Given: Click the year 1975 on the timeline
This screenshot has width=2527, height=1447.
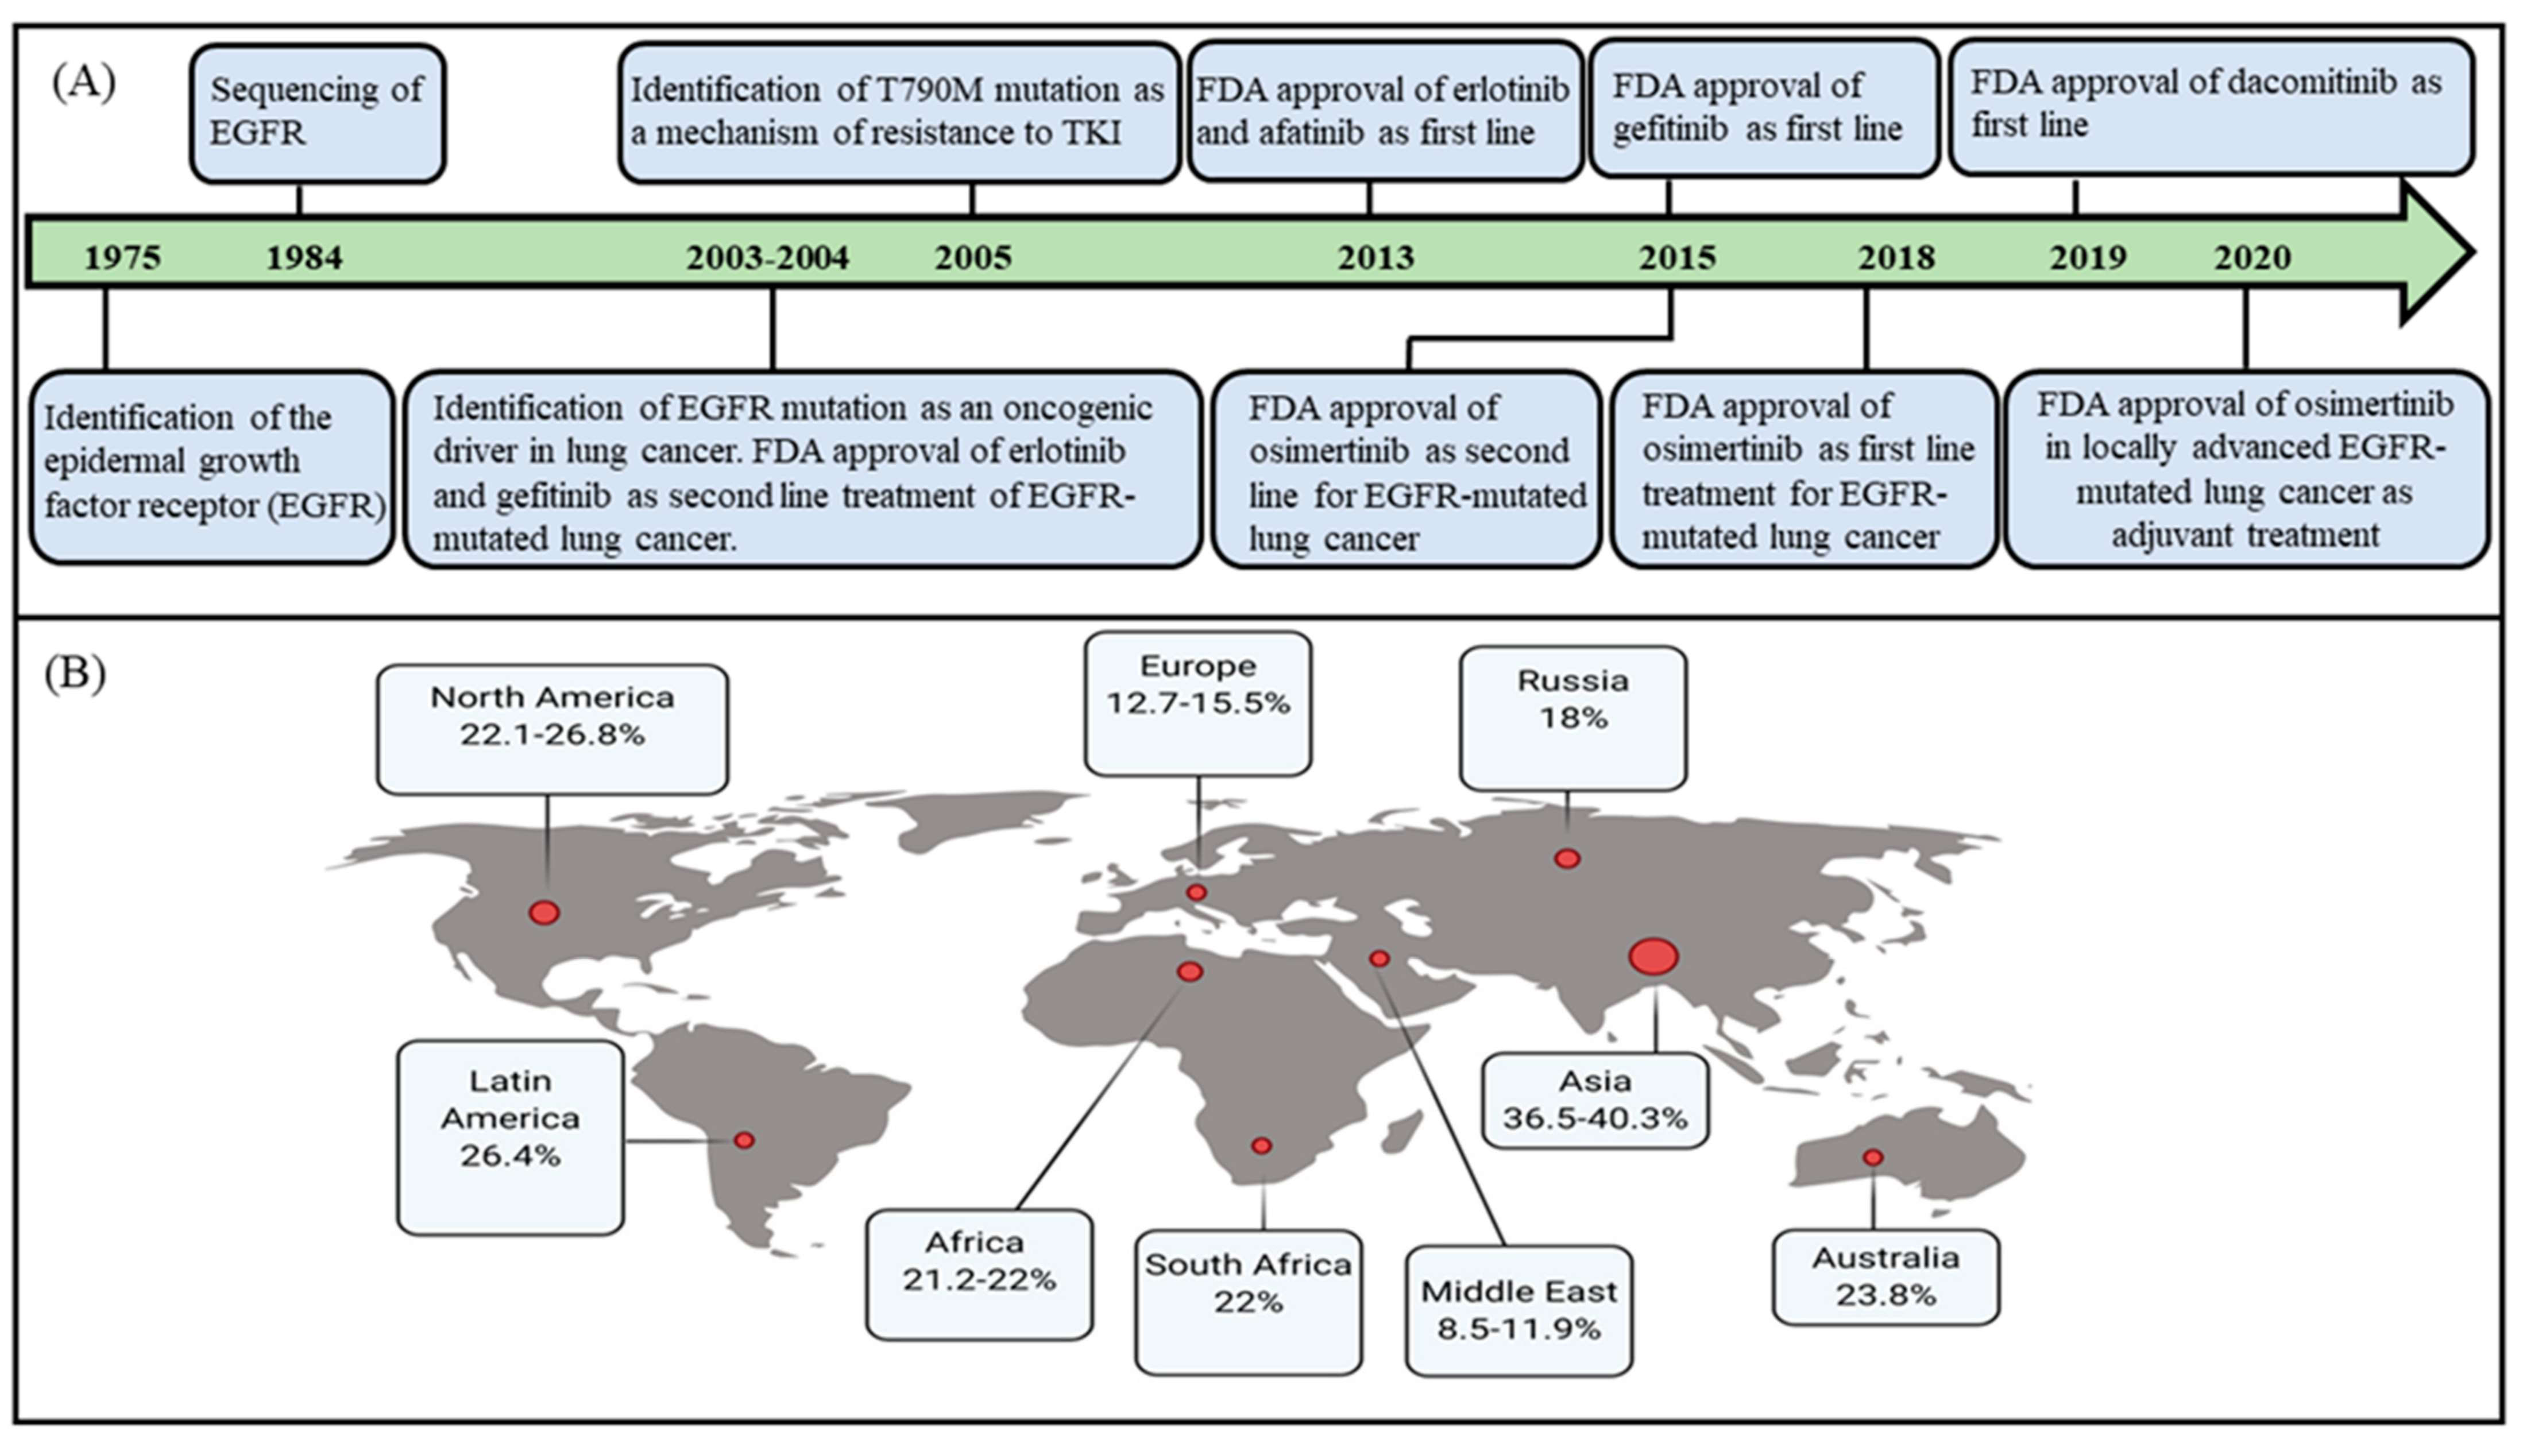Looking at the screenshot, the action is coord(122,257).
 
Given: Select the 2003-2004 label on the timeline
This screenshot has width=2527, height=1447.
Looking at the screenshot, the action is coord(767,257).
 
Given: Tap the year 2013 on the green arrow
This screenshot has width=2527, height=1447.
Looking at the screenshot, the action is coord(1375,257).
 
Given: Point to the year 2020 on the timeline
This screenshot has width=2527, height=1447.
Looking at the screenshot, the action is coord(2252,257).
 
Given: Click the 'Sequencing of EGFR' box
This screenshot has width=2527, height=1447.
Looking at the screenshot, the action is coord(317,113).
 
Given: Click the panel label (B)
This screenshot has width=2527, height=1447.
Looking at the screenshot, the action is coord(75,674).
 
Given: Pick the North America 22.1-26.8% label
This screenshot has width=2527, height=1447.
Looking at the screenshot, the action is coord(551,729).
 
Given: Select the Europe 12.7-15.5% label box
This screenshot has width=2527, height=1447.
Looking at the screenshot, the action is coord(1197,703).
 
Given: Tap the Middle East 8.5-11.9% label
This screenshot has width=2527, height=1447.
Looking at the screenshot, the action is coord(1518,1310).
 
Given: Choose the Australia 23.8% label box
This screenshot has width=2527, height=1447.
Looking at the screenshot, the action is coord(1885,1277).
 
